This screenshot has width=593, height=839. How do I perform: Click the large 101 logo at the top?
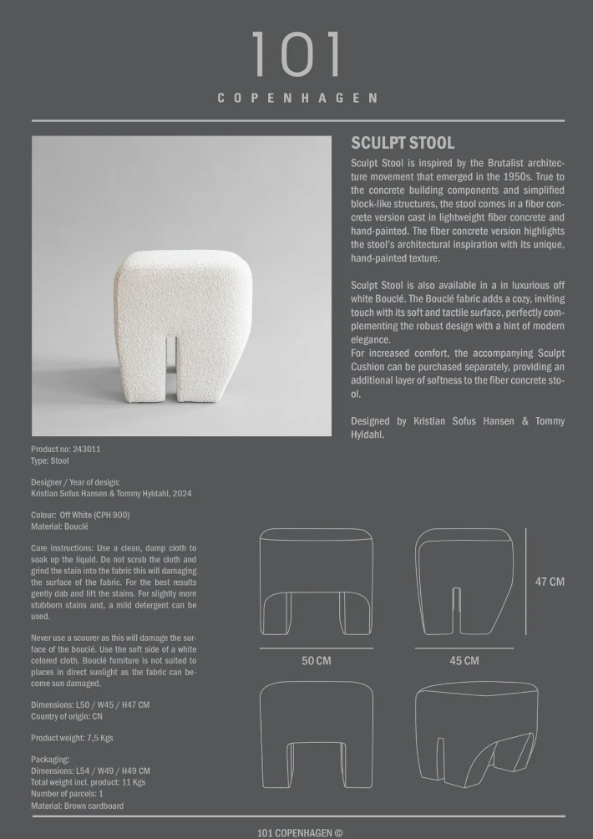tap(296, 55)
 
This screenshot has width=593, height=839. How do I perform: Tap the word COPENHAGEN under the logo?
tap(296, 98)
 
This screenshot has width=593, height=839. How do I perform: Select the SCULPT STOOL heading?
tap(403, 143)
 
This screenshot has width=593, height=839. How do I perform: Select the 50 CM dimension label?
tap(316, 661)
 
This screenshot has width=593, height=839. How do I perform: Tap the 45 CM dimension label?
tap(464, 661)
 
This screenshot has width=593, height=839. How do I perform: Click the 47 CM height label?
tap(550, 582)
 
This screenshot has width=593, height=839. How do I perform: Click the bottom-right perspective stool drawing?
tap(476, 734)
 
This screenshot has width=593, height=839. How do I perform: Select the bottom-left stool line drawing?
tap(316, 734)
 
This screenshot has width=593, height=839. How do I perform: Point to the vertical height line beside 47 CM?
tap(526, 581)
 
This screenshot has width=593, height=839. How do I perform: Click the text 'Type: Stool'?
tap(50, 460)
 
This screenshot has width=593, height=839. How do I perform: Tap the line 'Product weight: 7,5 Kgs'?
tap(72, 738)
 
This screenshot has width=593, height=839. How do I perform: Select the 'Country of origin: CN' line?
tap(67, 716)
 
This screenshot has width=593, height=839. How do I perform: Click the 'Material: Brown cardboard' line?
tap(77, 806)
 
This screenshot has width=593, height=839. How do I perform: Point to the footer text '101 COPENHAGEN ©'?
tap(300, 832)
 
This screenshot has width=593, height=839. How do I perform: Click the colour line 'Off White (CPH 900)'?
tap(94, 515)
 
